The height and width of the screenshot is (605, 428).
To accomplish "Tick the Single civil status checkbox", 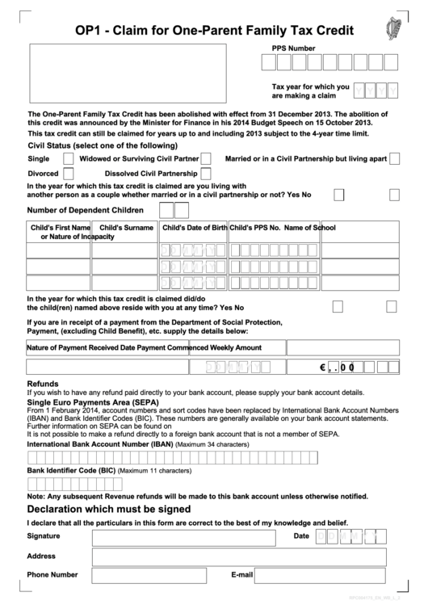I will tap(68, 159).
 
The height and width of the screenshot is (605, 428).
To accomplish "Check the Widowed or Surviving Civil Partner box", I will tap(206, 159).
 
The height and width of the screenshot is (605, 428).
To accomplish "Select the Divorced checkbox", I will tap(68, 174).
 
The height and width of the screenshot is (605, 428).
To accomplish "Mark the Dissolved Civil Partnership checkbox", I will tap(206, 174).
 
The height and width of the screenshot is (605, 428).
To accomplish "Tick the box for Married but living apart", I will tap(394, 159).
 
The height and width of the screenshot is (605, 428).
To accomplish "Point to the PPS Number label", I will tap(293, 48).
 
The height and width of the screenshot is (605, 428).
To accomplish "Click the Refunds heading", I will tap(43, 384).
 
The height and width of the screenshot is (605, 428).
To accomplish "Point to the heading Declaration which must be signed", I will tap(109, 510).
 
